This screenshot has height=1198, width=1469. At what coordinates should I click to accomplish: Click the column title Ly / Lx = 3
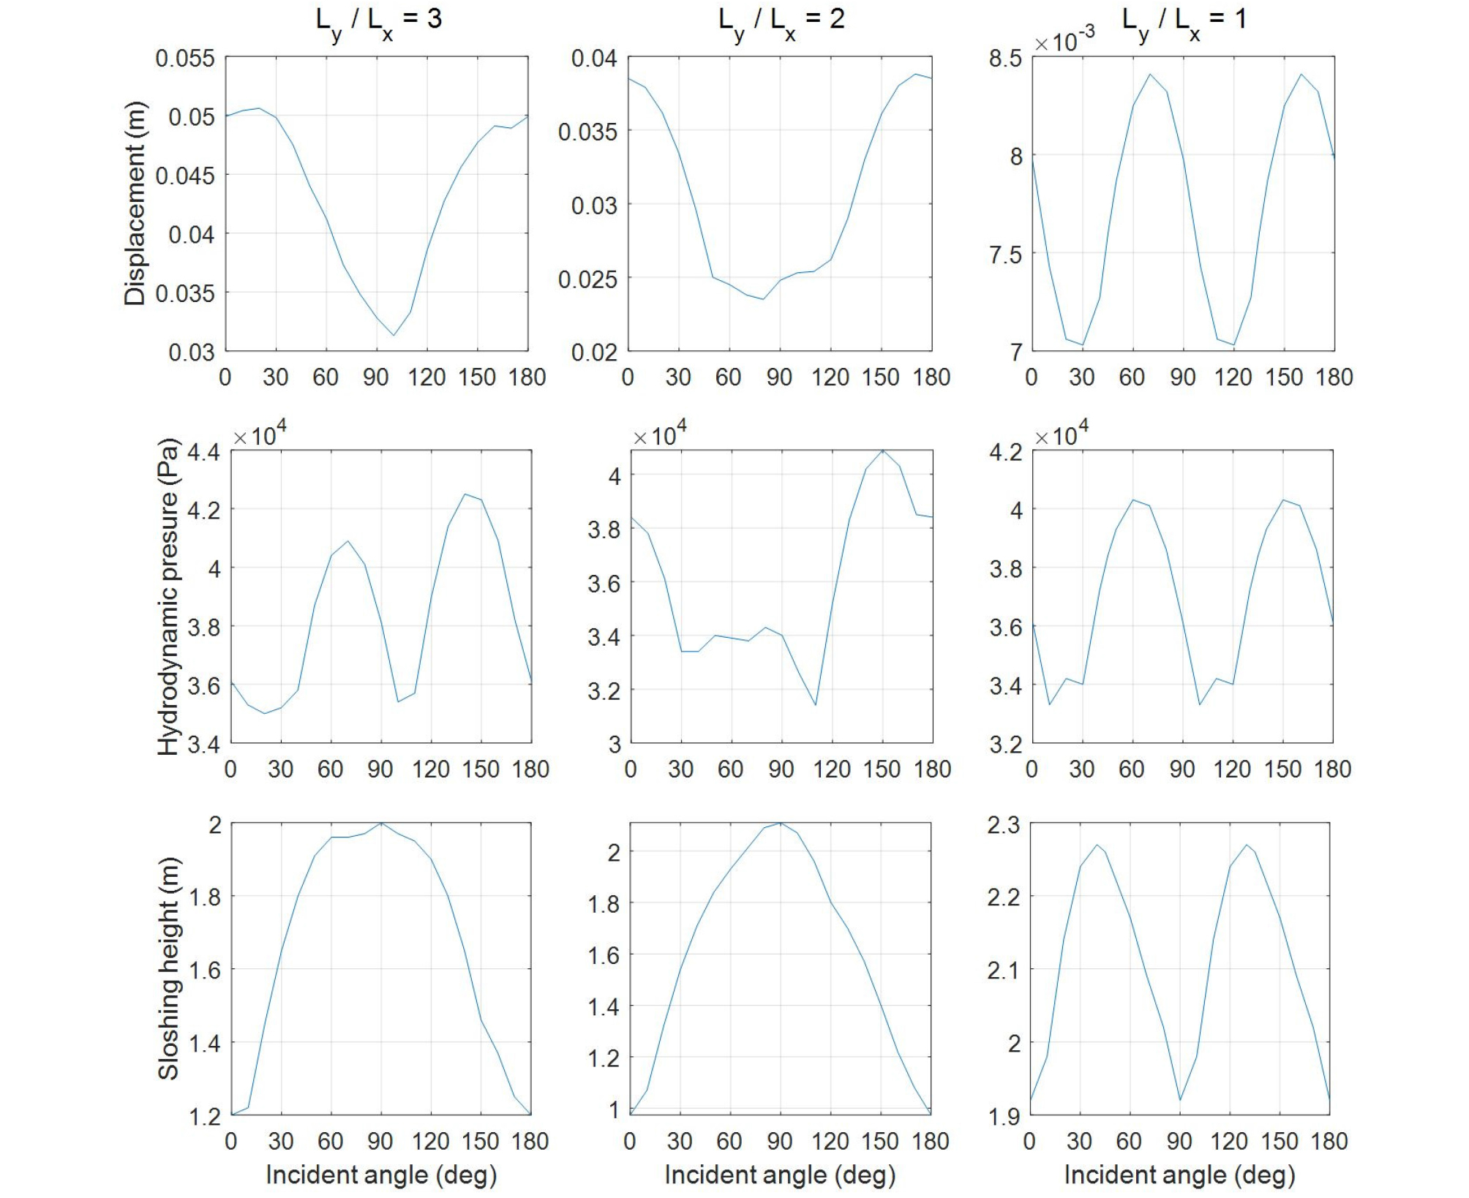pyautogui.click(x=378, y=20)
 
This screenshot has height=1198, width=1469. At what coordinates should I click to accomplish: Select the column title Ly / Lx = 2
pyautogui.click(x=781, y=20)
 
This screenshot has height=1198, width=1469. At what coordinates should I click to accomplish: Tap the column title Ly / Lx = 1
pyautogui.click(x=1184, y=20)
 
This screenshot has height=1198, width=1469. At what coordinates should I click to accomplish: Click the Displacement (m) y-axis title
pyautogui.click(x=135, y=203)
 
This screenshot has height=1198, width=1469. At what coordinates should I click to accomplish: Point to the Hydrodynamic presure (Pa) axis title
pyautogui.click(x=168, y=596)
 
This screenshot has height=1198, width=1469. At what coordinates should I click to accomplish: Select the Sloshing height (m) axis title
pyautogui.click(x=168, y=968)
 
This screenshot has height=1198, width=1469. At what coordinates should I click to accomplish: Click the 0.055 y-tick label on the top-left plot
pyautogui.click(x=185, y=58)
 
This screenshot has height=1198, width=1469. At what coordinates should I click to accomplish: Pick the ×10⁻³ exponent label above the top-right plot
pyautogui.click(x=1064, y=40)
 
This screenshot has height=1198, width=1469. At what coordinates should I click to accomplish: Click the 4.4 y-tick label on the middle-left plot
pyautogui.click(x=203, y=452)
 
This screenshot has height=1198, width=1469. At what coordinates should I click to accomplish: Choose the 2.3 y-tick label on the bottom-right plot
pyautogui.click(x=1003, y=825)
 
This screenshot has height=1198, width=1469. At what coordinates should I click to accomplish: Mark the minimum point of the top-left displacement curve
pyautogui.click(x=394, y=336)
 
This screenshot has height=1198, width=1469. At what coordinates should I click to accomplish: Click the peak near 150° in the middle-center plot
pyautogui.click(x=883, y=450)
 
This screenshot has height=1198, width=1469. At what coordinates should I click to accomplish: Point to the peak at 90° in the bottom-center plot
pyautogui.click(x=781, y=823)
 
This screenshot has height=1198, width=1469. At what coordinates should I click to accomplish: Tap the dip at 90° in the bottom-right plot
pyautogui.click(x=1179, y=1099)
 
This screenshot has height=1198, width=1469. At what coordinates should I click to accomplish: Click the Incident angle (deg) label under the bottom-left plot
pyautogui.click(x=381, y=1175)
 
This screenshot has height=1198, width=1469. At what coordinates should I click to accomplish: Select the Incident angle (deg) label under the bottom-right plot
pyautogui.click(x=1179, y=1175)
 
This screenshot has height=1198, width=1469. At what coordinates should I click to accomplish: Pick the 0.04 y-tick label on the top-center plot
pyautogui.click(x=594, y=58)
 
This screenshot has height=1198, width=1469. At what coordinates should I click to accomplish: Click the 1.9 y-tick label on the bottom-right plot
pyautogui.click(x=1003, y=1117)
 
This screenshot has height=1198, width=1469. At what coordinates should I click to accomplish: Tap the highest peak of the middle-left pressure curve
pyautogui.click(x=465, y=494)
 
